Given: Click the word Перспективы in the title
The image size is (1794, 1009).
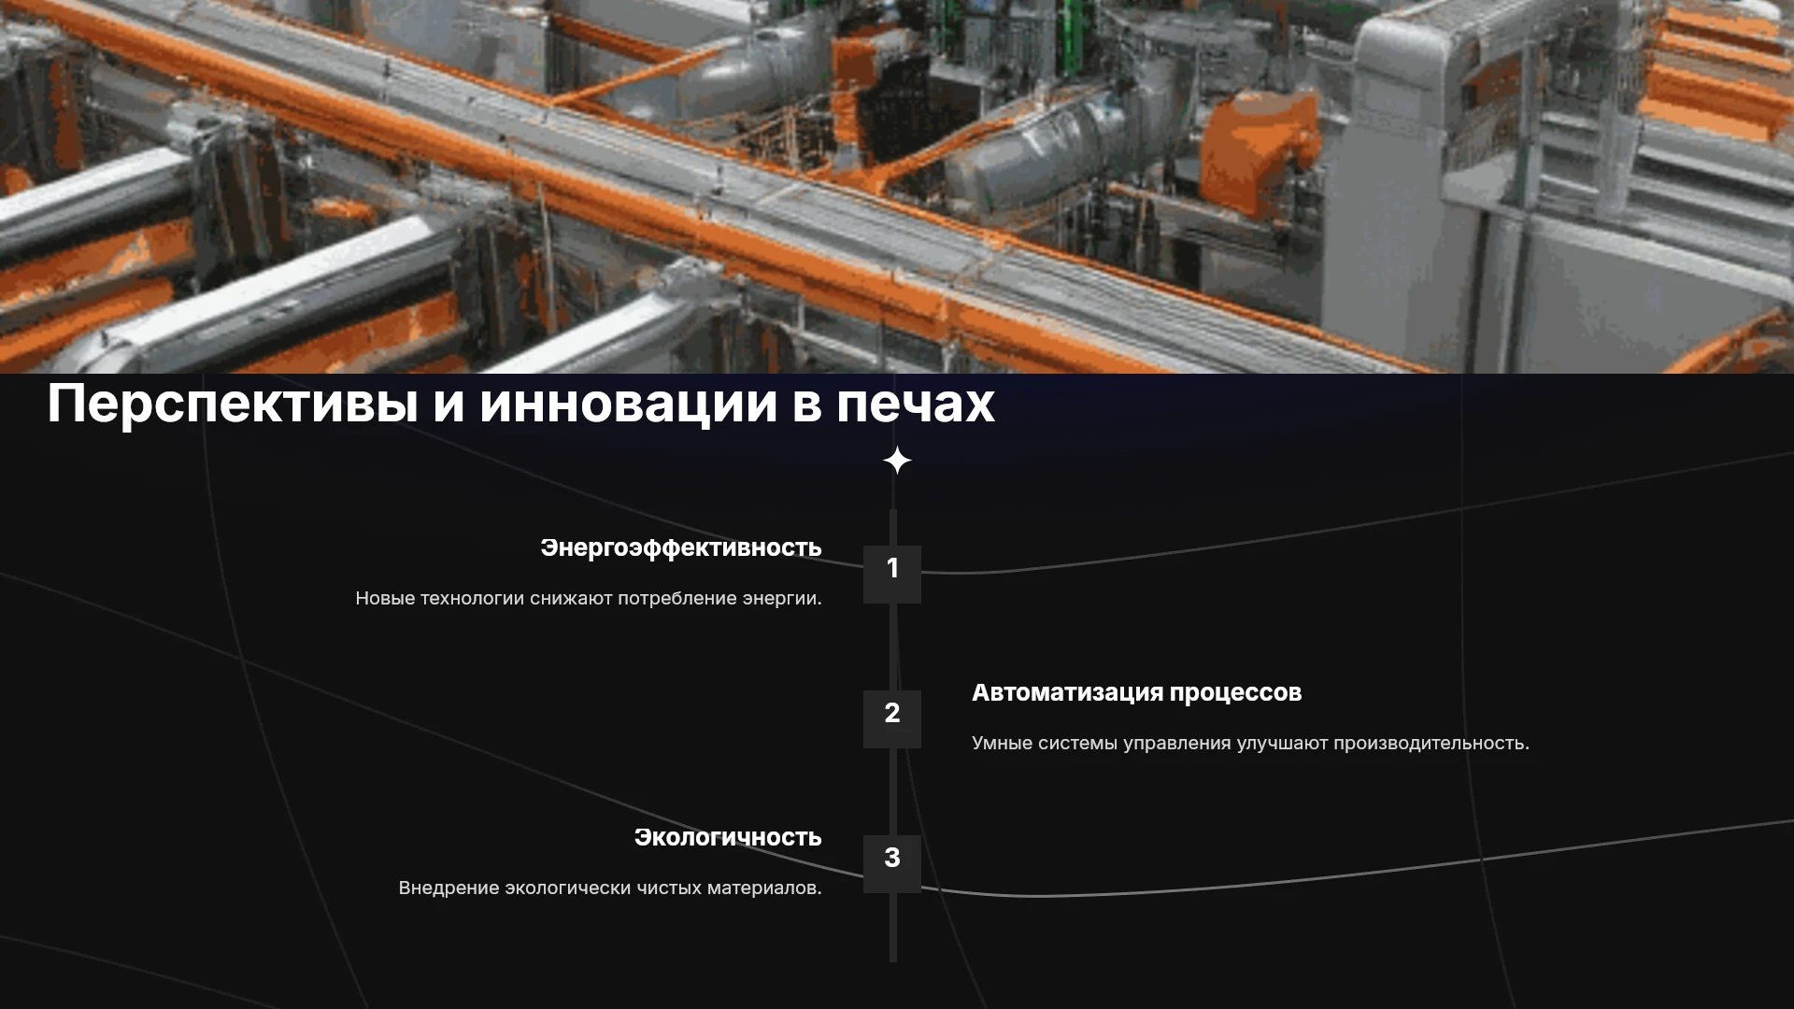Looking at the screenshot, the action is [232, 405].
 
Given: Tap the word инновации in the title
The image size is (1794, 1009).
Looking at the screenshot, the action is [629, 403].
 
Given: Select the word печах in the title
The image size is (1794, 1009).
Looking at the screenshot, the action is [916, 405].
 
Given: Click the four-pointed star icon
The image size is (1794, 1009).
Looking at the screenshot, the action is [897, 461].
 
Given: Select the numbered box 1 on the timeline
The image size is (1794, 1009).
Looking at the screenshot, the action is [892, 575].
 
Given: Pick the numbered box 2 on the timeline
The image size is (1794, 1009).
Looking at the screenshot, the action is [892, 719].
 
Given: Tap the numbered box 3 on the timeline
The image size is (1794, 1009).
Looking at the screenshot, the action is [892, 864].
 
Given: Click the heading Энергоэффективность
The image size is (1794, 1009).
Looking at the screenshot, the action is [681, 548].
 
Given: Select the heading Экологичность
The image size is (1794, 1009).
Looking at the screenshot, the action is [728, 837].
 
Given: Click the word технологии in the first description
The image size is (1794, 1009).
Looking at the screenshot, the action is [472, 598].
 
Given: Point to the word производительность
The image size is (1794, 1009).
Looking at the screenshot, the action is [1431, 744].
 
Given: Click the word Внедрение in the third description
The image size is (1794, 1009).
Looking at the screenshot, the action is [448, 888].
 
